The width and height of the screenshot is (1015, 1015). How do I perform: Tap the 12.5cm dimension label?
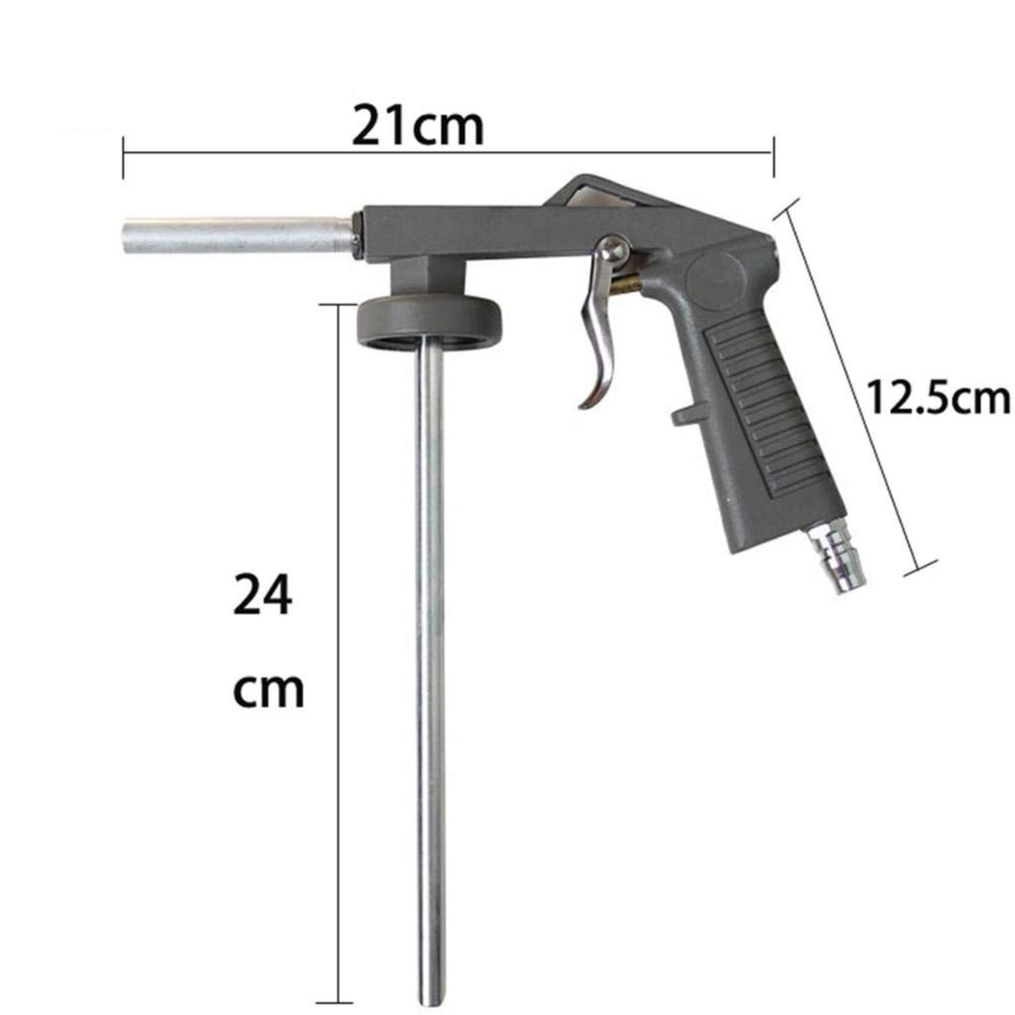coord(937,398)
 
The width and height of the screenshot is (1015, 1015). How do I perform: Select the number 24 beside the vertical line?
coord(262,597)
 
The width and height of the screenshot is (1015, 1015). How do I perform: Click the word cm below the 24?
coord(268,691)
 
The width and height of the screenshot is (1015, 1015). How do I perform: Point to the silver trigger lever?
coord(599,338)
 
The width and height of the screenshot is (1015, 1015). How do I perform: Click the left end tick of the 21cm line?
coord(123,156)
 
